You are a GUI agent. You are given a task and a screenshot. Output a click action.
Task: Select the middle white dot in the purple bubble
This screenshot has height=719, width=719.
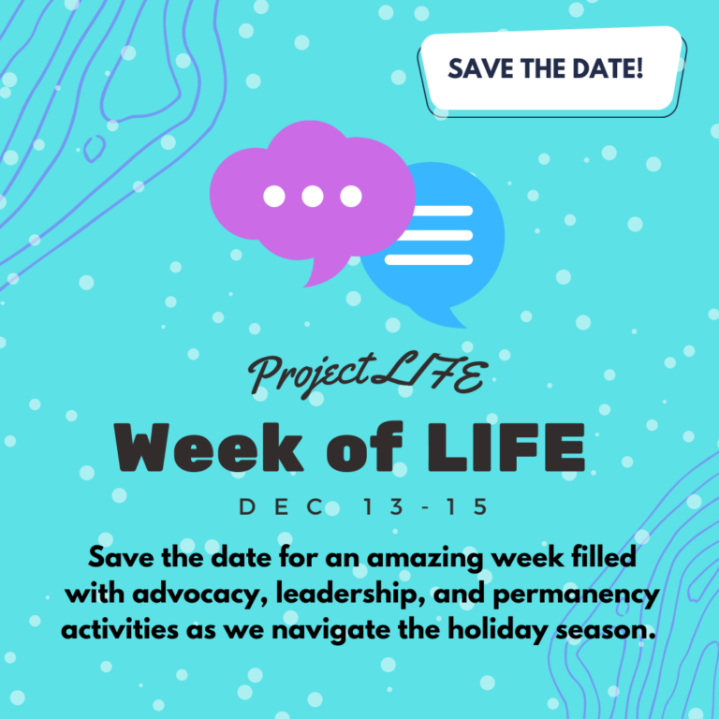point(313,197)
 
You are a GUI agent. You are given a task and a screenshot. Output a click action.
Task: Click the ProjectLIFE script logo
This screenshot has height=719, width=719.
point(366,376)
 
